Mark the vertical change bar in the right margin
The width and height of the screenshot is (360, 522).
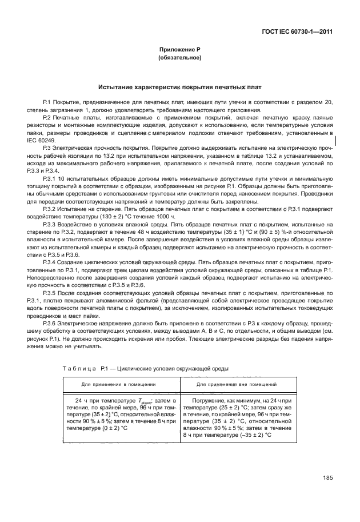[x=335, y=139]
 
